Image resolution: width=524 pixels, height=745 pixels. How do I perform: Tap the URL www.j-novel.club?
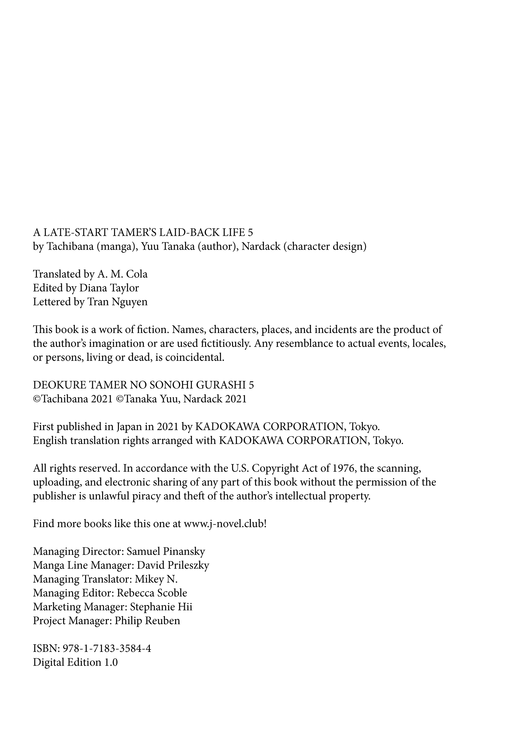click(224, 524)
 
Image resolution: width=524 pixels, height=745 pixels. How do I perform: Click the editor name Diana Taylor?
click(109, 288)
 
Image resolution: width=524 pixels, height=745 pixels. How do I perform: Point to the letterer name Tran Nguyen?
click(117, 302)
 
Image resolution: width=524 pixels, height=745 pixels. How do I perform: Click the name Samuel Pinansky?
click(166, 551)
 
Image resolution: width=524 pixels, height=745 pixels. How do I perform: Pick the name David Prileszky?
click(173, 565)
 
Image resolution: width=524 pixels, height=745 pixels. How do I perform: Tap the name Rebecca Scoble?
click(152, 593)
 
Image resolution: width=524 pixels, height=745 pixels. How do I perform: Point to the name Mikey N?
click(156, 579)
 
